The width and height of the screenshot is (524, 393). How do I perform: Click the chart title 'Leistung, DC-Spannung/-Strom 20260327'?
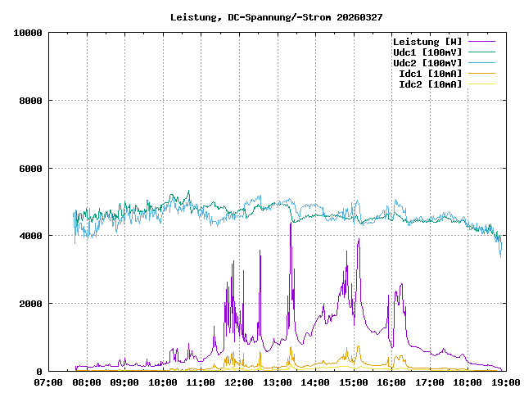[276, 16]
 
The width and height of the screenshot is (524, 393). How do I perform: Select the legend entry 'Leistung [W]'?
[427, 42]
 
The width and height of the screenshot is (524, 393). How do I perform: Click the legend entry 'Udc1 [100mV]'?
[427, 52]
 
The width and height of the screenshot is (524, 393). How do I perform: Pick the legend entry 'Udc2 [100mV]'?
[427, 63]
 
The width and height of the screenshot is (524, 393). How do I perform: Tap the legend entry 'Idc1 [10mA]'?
[429, 74]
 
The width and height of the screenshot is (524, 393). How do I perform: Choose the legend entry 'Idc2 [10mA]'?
[429, 84]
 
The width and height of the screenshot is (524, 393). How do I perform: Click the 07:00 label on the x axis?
[49, 382]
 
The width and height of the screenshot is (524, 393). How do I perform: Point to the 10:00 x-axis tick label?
[163, 382]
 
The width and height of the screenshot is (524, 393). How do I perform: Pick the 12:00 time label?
[238, 382]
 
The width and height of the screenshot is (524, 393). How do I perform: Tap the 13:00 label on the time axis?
[277, 382]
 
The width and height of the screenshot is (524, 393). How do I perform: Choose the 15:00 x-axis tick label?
[352, 382]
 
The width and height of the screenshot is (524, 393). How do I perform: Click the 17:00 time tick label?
[428, 382]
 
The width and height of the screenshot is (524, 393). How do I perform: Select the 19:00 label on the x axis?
[504, 382]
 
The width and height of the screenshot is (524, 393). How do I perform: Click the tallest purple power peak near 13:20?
[291, 224]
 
